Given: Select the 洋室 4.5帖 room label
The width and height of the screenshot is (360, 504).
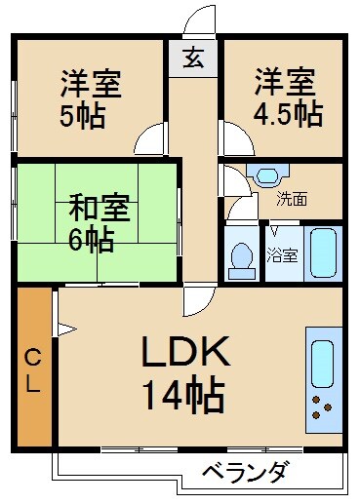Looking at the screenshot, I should [x=285, y=98].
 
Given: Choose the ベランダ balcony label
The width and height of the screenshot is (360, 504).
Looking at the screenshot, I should [x=246, y=474].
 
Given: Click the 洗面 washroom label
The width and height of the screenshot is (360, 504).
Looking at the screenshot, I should [x=291, y=201].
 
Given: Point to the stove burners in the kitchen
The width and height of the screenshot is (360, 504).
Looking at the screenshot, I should [x=323, y=408].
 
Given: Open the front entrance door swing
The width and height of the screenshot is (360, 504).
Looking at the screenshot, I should [x=200, y=21].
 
